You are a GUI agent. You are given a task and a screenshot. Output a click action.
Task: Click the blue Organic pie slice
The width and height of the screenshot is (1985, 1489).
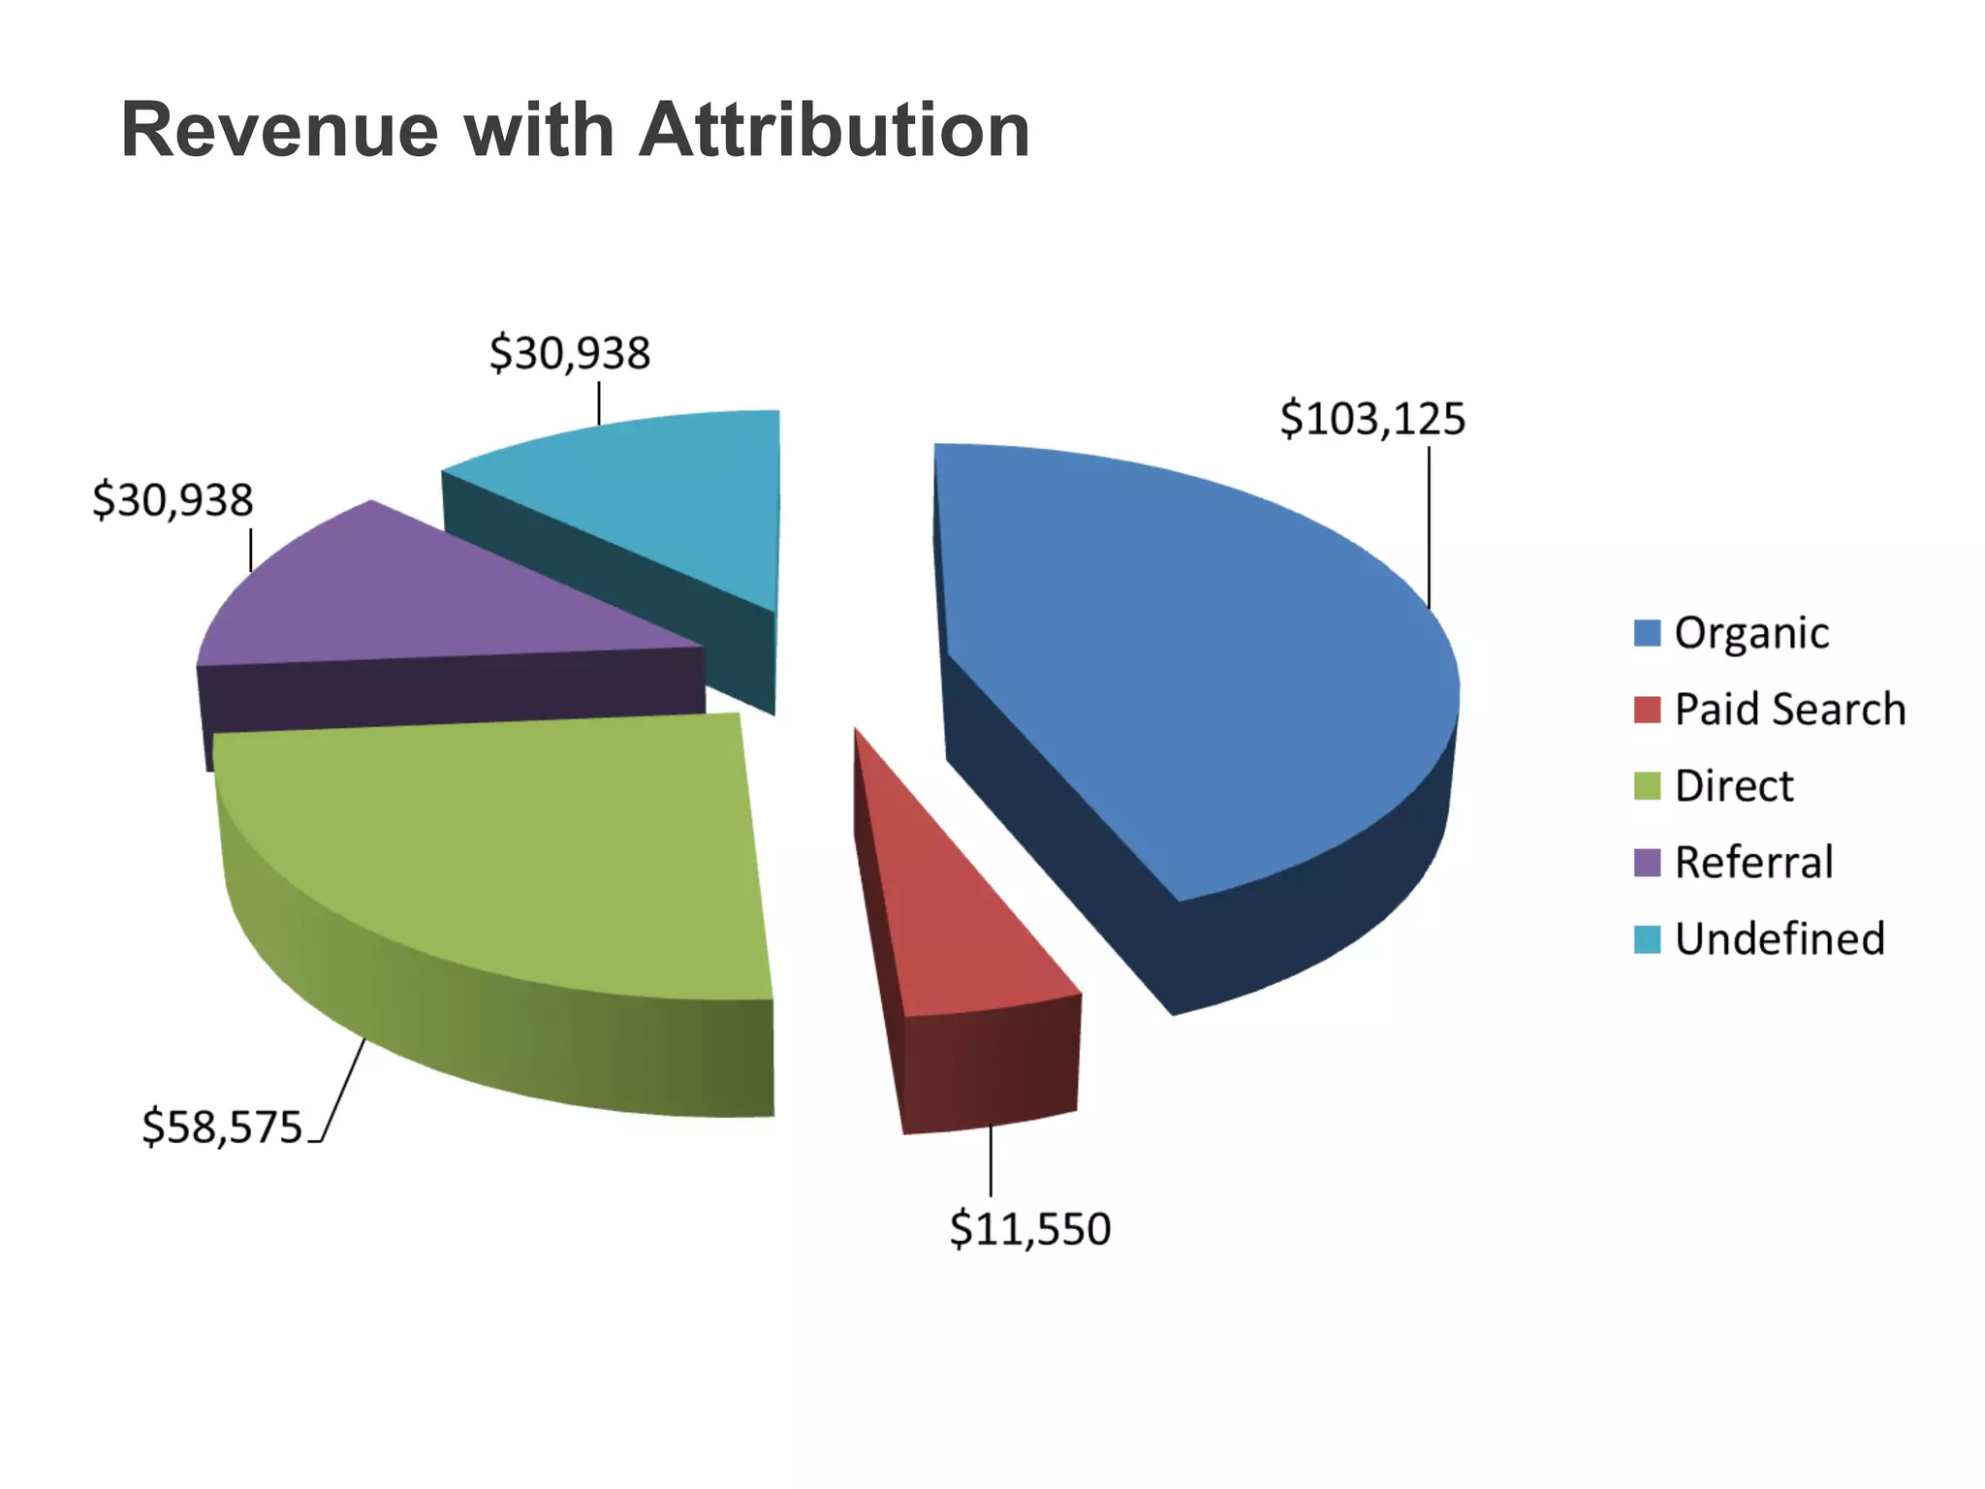tap(1192, 659)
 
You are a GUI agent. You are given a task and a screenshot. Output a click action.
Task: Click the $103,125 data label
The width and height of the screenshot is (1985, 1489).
tap(1372, 419)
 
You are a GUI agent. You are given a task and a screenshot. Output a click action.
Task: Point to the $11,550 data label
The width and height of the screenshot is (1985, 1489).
tap(1029, 1229)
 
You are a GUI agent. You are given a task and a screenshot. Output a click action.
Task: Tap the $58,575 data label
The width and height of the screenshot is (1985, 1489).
tap(223, 1127)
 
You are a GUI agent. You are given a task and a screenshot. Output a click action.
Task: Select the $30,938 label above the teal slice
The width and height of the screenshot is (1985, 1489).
tap(570, 353)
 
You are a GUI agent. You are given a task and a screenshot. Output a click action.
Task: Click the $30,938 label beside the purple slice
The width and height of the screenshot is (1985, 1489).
tap(173, 500)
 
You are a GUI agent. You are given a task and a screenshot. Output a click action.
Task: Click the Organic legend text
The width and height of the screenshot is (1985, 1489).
tap(1751, 633)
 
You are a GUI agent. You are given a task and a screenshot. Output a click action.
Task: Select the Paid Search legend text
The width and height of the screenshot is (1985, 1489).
tap(1789, 710)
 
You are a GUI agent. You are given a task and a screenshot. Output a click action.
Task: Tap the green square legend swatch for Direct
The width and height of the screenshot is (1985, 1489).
tap(1647, 785)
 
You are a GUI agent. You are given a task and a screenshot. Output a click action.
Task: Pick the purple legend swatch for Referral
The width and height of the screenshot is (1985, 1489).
tap(1647, 862)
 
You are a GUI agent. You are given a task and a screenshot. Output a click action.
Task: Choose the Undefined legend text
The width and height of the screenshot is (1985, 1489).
tap(1780, 938)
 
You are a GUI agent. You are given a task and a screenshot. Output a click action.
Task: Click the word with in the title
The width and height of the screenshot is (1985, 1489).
tap(539, 131)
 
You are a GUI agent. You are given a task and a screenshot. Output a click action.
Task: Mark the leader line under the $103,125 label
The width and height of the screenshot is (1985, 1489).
tap(1429, 528)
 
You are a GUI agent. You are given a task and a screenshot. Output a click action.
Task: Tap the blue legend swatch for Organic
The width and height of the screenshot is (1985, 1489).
tap(1647, 633)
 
